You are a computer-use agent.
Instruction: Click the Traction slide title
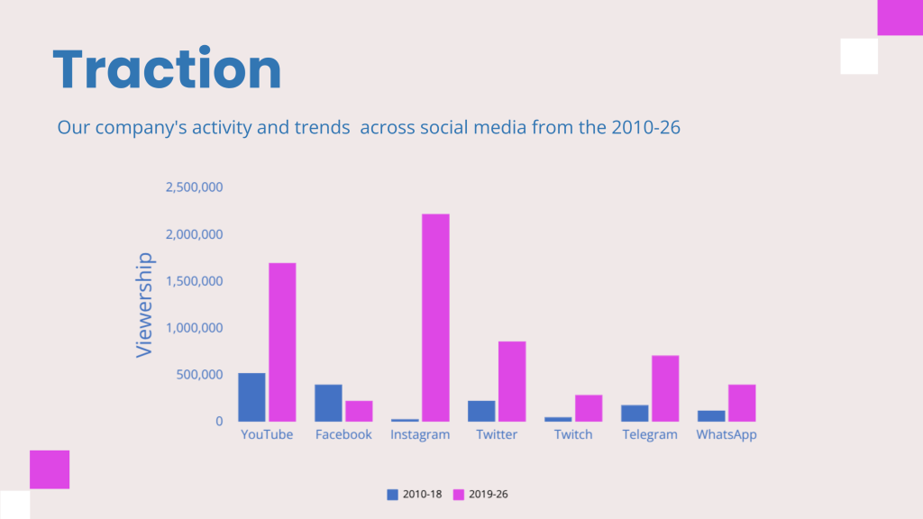click(168, 69)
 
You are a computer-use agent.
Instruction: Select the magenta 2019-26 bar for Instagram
click(435, 317)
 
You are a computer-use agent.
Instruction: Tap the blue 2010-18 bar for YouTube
click(251, 397)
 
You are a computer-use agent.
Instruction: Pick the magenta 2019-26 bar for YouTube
click(282, 341)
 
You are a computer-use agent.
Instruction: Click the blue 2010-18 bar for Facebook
click(328, 403)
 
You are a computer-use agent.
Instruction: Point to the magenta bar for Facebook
click(359, 411)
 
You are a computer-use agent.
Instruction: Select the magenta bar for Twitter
click(512, 381)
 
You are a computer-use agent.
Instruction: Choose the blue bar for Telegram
click(635, 413)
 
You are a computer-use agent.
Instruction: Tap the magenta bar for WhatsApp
click(742, 403)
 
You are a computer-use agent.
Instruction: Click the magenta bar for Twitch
click(589, 408)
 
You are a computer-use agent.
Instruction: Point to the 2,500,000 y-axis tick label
click(194, 187)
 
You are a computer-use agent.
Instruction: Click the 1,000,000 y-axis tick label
click(194, 328)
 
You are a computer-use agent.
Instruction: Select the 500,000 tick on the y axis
click(200, 375)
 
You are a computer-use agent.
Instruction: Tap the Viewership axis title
click(144, 305)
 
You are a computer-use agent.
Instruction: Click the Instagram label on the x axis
click(420, 435)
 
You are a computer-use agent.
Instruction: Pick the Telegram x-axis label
click(649, 435)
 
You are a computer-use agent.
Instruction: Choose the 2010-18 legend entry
click(415, 495)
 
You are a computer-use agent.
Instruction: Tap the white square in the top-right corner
click(858, 56)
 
